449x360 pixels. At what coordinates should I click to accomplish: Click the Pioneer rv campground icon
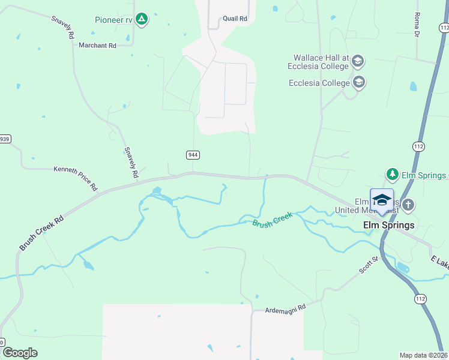click(141, 20)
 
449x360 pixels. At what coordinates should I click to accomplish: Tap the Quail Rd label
click(235, 19)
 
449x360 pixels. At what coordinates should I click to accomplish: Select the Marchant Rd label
click(97, 46)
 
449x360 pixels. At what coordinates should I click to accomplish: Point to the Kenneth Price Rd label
click(76, 178)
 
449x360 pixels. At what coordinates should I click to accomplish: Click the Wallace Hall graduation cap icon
click(358, 61)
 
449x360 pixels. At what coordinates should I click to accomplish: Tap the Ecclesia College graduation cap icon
click(359, 82)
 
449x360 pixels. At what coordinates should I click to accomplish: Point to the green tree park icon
click(392, 174)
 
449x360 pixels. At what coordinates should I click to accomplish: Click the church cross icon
click(408, 205)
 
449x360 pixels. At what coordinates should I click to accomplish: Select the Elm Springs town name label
click(389, 226)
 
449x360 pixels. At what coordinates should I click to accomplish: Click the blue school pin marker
click(382, 200)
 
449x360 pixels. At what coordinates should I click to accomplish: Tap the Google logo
click(20, 353)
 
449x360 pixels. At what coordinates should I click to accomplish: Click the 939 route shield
click(5, 139)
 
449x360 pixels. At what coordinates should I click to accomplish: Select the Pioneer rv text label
click(113, 20)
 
